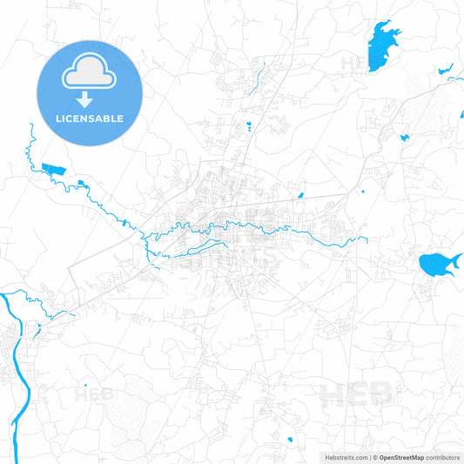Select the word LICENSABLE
coord(89,118)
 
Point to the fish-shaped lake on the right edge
coord(436,263)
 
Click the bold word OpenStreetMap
coord(397,457)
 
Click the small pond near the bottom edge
coord(289,437)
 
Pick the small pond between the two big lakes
coord(404,137)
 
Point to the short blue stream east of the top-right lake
coord(445,69)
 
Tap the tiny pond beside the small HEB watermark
coord(85,384)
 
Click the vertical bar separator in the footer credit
coord(370,457)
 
